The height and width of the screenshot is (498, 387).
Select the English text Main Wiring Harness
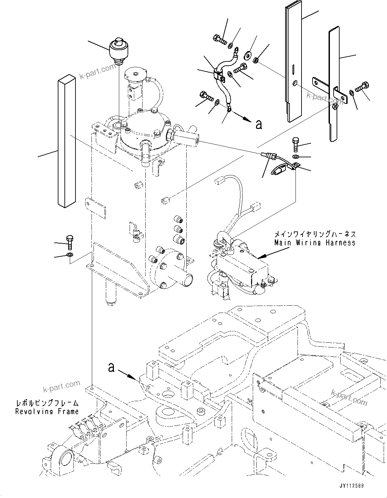[x=315, y=243]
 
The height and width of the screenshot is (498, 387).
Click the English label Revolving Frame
[x=47, y=411]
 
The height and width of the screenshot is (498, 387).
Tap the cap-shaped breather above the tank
[x=119, y=50]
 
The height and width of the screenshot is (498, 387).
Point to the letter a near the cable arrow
[x=258, y=124]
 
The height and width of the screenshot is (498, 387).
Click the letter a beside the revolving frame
[x=112, y=367]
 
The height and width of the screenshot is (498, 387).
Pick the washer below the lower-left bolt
[x=70, y=256]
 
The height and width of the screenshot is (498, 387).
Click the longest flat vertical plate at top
[x=294, y=63]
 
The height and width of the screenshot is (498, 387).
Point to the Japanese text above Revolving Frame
[x=47, y=403]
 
